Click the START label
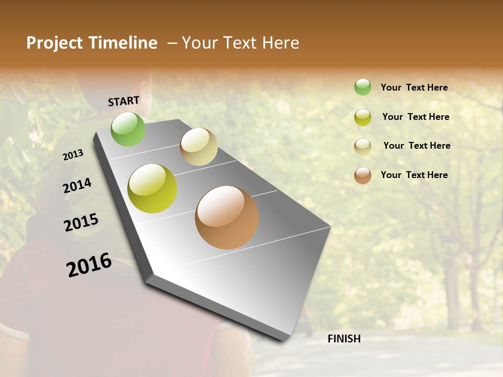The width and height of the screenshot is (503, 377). point(124,101)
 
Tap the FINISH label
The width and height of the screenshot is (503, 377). point(344,339)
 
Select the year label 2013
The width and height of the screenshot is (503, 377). point(73,155)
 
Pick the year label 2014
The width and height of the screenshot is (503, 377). point(78,186)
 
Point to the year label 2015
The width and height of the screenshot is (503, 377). point(81,223)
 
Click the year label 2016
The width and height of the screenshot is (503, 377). point(90,265)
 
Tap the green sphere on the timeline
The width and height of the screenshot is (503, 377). point(128,129)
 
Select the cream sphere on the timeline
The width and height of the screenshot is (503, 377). point(199,147)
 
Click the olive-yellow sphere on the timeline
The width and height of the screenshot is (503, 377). point(152,188)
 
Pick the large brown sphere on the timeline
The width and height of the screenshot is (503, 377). point(227,217)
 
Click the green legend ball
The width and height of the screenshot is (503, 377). point(363,87)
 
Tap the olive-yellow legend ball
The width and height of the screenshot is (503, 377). point(363,117)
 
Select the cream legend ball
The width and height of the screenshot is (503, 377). point(363,147)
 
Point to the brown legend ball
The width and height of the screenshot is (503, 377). point(363,175)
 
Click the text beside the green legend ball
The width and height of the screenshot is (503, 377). point(414,88)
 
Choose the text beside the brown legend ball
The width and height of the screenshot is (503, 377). point(414,175)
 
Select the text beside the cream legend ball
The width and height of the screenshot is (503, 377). point(417,146)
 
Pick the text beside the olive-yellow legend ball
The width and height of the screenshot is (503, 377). point(415,117)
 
